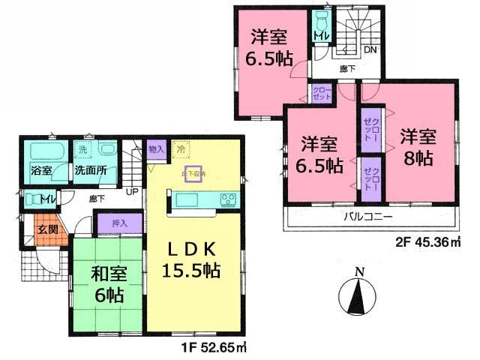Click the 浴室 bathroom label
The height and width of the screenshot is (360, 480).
pos(42,170)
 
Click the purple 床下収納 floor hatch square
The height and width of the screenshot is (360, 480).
pos(193,174)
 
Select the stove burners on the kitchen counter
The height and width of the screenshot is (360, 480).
pos(227,199)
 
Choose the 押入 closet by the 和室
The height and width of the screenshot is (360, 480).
pos(119,223)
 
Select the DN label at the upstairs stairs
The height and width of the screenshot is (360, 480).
pos(370,51)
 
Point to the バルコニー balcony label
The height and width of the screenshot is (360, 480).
pos(369,217)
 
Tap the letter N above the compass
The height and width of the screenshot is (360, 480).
pos(359,271)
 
